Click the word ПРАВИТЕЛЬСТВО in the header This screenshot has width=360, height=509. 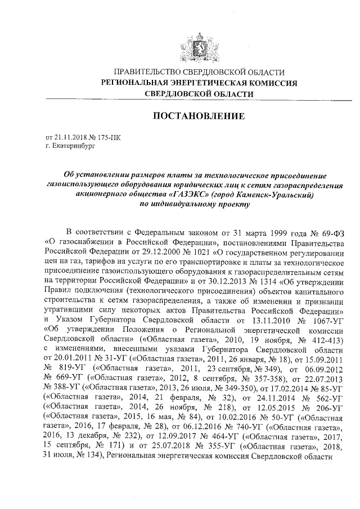(148, 72)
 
